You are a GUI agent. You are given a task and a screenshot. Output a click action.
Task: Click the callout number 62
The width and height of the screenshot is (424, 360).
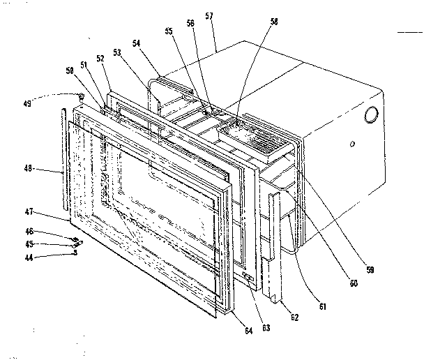coord(294,317)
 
